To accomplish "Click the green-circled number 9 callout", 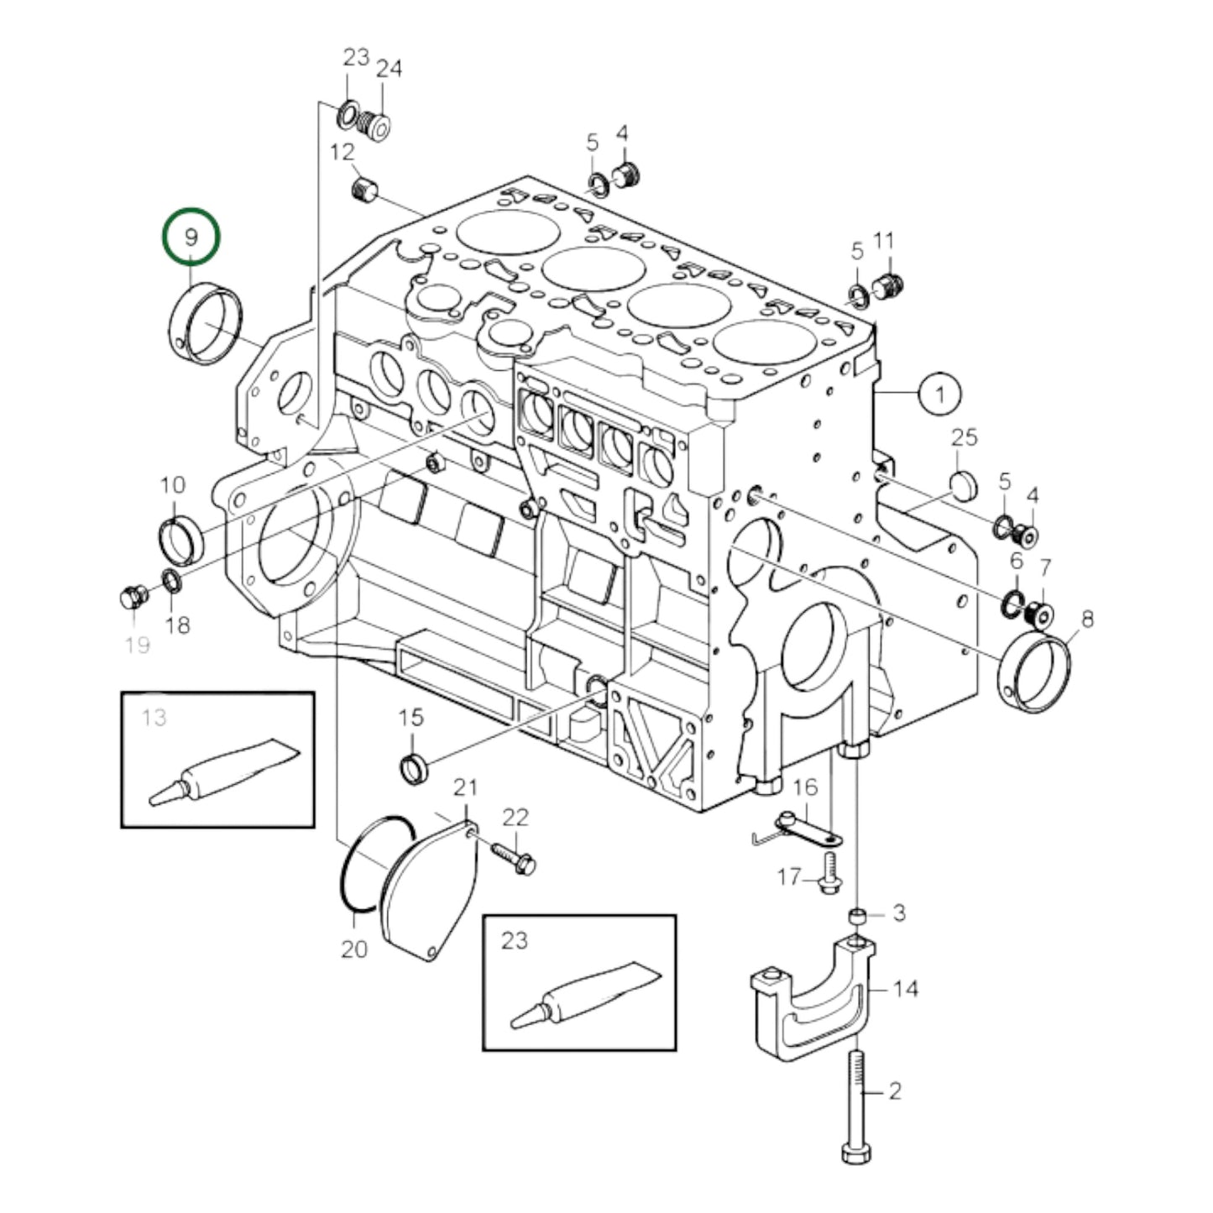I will tap(191, 237).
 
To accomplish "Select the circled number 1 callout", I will tap(939, 394).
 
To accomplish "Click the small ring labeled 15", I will tap(412, 767).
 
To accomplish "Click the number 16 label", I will tap(804, 787).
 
